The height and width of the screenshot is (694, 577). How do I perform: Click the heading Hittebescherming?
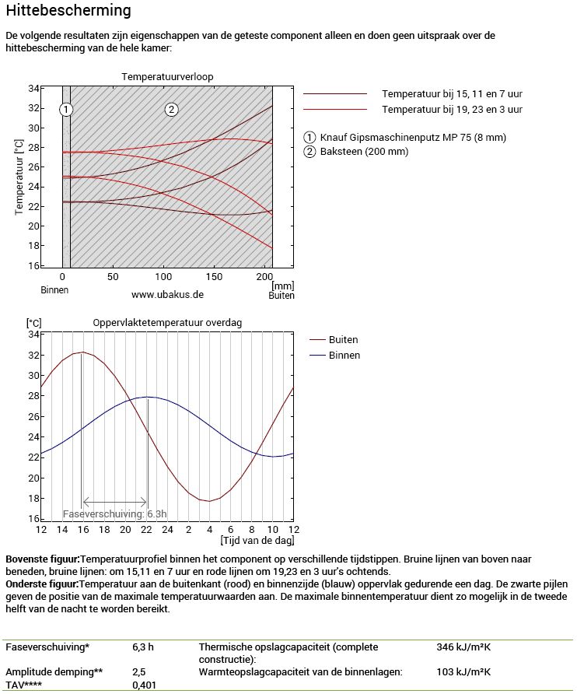[68, 11]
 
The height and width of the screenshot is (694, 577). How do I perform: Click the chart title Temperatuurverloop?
[167, 76]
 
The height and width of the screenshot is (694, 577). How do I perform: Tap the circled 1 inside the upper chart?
[66, 109]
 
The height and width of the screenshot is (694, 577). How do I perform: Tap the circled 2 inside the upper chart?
[171, 109]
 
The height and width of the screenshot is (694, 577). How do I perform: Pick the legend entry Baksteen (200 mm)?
[358, 152]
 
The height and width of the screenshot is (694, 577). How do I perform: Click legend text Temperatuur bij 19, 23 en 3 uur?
[452, 109]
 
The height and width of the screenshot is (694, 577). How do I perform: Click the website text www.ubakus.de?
[167, 295]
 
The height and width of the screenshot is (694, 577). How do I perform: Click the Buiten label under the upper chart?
[282, 296]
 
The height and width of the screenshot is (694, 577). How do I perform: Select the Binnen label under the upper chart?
[54, 289]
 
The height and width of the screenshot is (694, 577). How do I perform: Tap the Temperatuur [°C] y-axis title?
[18, 178]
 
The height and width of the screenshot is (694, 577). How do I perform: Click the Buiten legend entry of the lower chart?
[343, 340]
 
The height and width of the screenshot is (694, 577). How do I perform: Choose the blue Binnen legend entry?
[344, 356]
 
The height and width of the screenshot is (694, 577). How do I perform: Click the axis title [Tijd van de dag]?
[257, 540]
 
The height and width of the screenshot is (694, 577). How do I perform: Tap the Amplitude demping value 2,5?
[139, 671]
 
